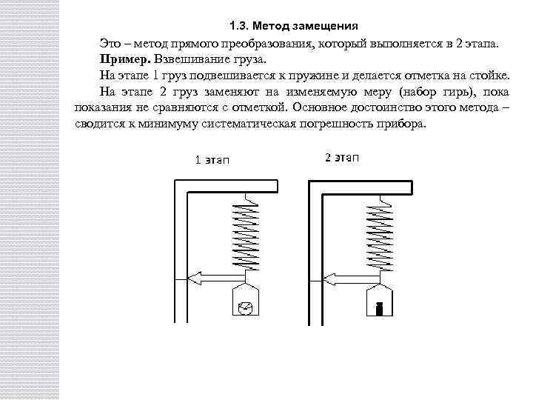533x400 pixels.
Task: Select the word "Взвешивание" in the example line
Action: point(182,59)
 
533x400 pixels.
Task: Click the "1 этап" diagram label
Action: point(212,161)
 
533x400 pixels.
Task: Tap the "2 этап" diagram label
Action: point(342,157)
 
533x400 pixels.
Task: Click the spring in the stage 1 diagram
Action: point(247,233)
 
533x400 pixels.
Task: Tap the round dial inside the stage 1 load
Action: point(247,307)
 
